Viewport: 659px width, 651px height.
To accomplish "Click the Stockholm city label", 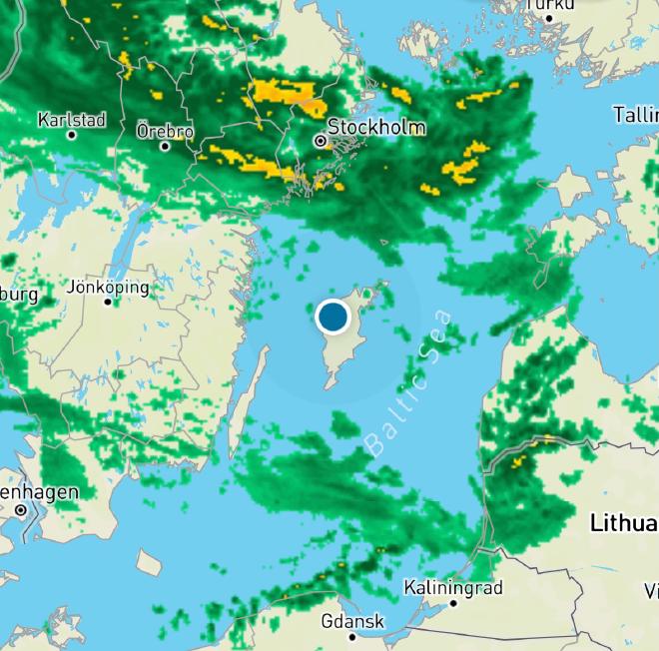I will [376, 128].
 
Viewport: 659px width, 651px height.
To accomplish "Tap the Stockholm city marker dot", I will [321, 142].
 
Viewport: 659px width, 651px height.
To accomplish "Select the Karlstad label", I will [72, 120].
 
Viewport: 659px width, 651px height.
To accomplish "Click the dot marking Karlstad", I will [71, 135].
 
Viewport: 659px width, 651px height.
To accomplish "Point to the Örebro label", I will [165, 131].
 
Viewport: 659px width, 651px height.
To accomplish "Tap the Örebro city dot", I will [165, 146].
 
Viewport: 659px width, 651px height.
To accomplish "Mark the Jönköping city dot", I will [108, 302].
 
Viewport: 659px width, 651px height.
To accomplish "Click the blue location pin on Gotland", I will [331, 318].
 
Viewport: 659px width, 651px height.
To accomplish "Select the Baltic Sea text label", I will [409, 383].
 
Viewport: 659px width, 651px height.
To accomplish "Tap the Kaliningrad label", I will [453, 588].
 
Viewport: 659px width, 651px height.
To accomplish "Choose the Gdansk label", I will [352, 621].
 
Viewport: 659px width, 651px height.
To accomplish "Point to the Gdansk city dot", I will [351, 636].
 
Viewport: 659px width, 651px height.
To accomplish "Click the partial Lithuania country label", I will [624, 522].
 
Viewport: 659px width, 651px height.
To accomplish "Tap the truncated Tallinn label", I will [635, 115].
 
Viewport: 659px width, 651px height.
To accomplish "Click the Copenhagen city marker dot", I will [21, 509].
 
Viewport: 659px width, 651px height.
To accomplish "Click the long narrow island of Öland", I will [247, 399].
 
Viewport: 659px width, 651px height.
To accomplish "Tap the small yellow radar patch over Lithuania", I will [518, 463].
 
